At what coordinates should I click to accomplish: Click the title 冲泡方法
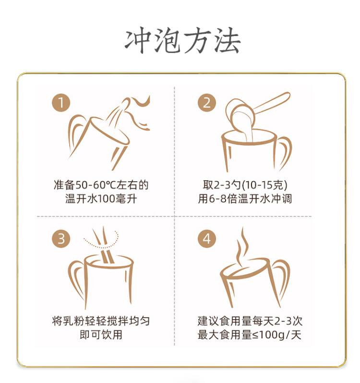coord(182,40)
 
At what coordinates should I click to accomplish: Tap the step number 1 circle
coord(61,102)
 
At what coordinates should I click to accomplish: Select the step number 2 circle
coord(207,102)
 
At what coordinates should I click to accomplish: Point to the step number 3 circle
coord(61,239)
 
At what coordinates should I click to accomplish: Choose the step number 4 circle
coord(207,239)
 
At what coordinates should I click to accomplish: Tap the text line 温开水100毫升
coord(101,199)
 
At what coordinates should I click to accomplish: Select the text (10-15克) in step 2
coord(264,185)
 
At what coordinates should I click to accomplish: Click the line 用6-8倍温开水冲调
coord(245,199)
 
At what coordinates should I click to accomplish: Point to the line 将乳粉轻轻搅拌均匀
coord(101,321)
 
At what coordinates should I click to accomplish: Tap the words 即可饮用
coord(101,334)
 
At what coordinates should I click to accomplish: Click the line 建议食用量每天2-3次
coord(250,321)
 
